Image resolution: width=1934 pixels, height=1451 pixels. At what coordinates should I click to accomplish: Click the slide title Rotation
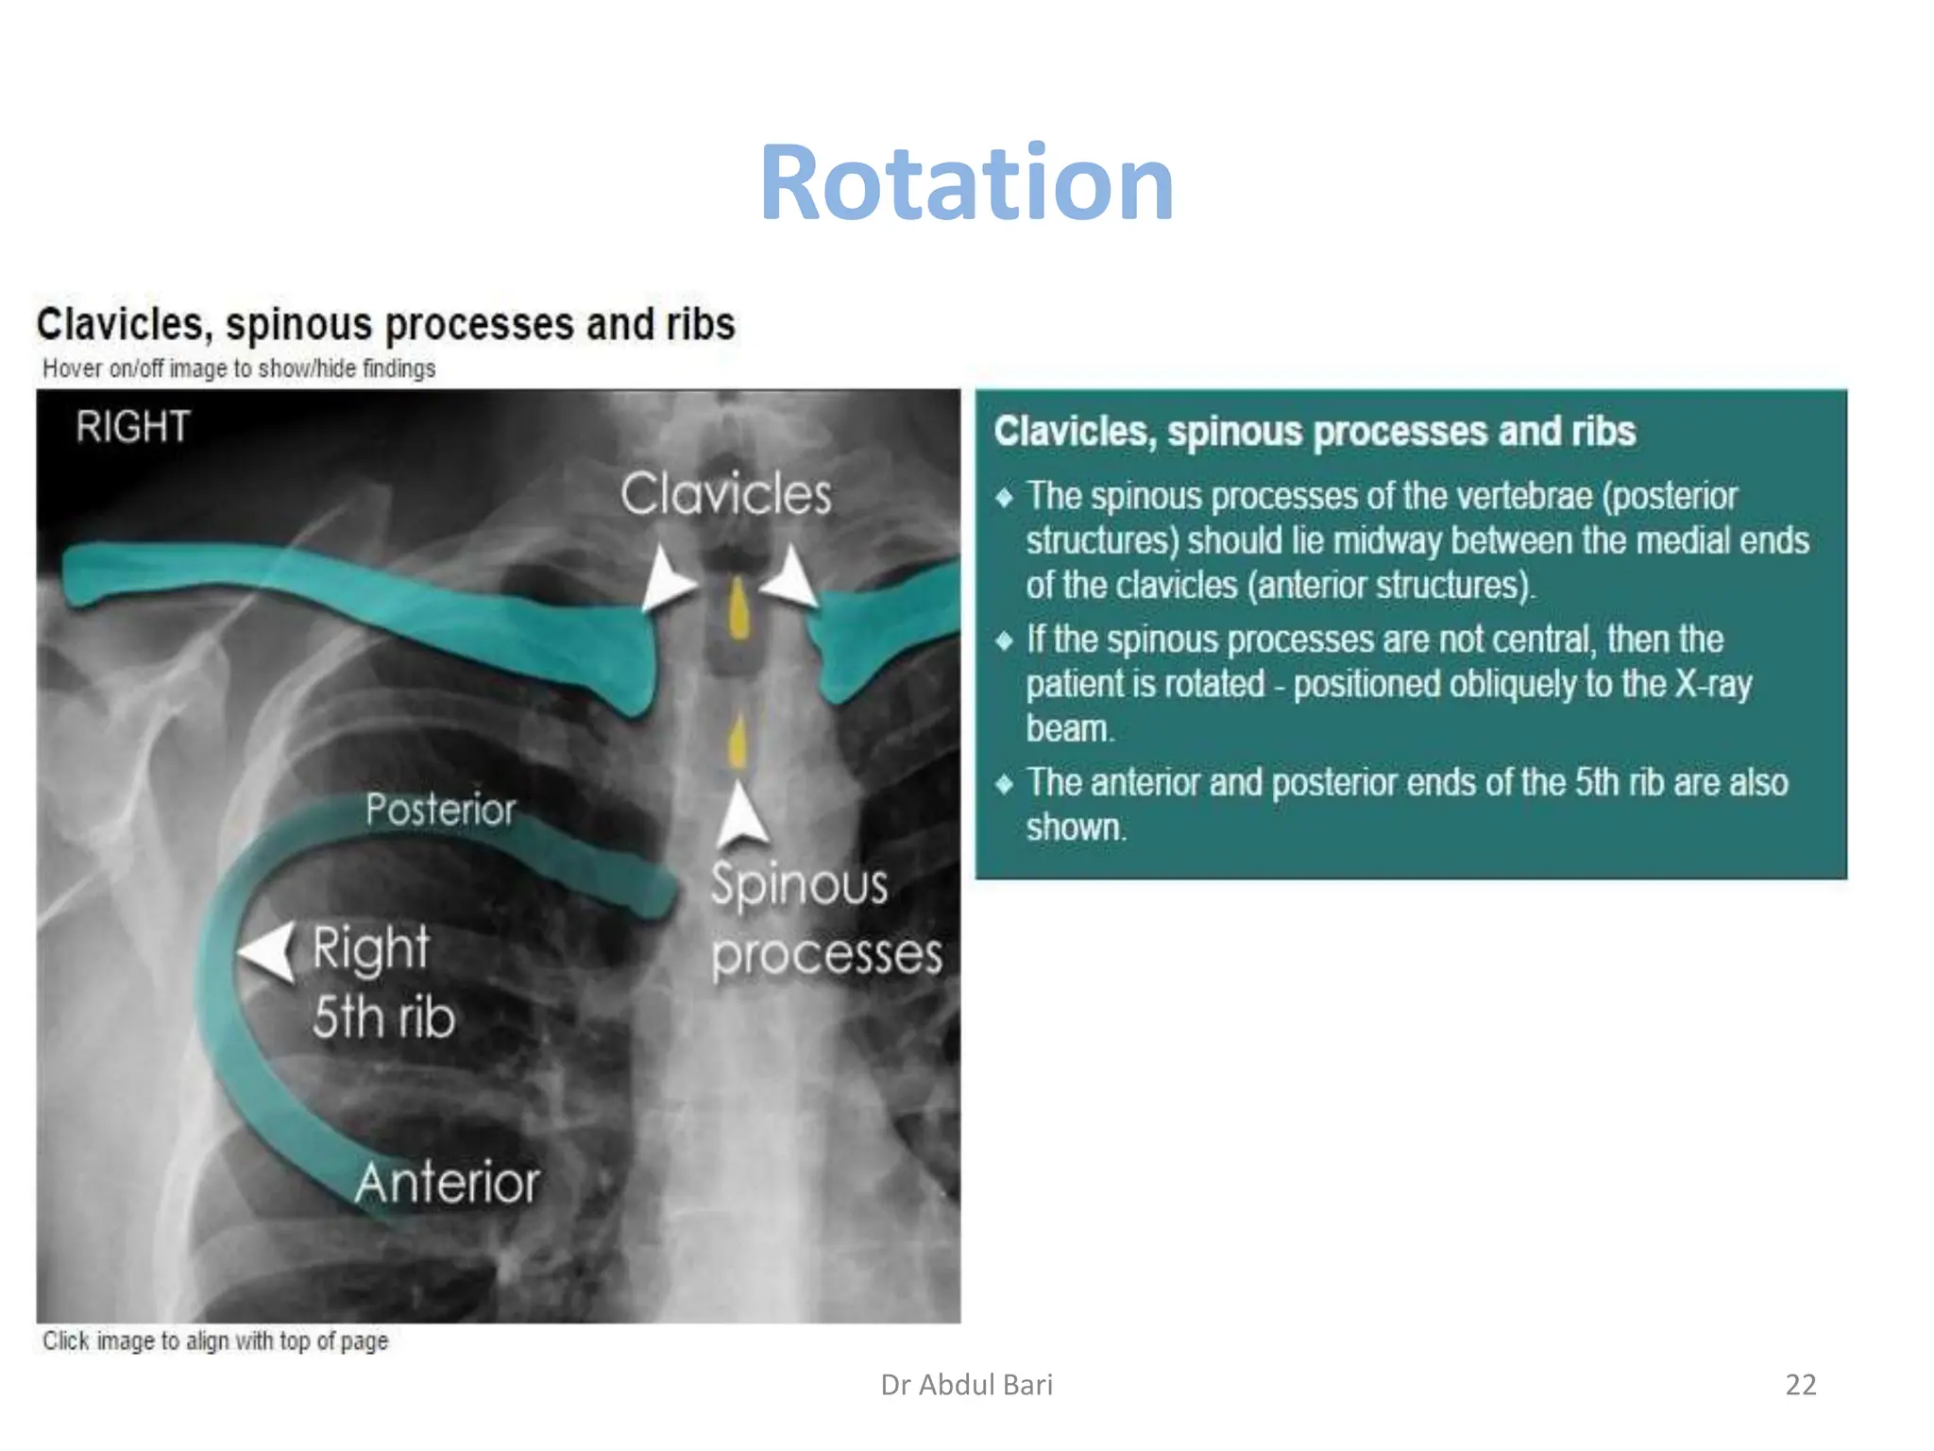click(966, 182)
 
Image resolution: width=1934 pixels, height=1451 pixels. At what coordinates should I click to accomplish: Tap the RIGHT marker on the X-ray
click(133, 427)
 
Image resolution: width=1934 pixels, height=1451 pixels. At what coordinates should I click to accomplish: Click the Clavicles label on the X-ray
click(725, 494)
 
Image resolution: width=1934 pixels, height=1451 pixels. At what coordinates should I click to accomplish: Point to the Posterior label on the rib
click(440, 810)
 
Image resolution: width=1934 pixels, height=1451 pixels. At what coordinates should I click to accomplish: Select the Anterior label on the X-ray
click(447, 1183)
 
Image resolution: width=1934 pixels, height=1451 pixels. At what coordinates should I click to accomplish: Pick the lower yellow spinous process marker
click(738, 742)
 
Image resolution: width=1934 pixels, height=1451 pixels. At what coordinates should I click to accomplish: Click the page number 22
click(1800, 1385)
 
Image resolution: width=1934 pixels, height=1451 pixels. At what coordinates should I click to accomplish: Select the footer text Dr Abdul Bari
click(966, 1385)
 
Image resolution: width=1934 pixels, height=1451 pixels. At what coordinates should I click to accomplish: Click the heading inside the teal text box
click(1314, 432)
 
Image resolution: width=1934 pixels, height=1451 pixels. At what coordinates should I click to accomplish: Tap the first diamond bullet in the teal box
click(1004, 497)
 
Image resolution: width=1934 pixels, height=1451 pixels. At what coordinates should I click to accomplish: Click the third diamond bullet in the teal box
click(1004, 783)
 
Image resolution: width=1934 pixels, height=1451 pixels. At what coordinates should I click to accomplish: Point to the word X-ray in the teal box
click(1713, 684)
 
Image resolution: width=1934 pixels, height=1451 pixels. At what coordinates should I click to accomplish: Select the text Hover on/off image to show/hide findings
click(239, 368)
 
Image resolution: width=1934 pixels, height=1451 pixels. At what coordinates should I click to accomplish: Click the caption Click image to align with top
click(215, 1340)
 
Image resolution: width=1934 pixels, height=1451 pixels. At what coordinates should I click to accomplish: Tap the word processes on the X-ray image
click(826, 956)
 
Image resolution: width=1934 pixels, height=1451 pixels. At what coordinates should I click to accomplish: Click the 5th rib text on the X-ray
click(383, 1017)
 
